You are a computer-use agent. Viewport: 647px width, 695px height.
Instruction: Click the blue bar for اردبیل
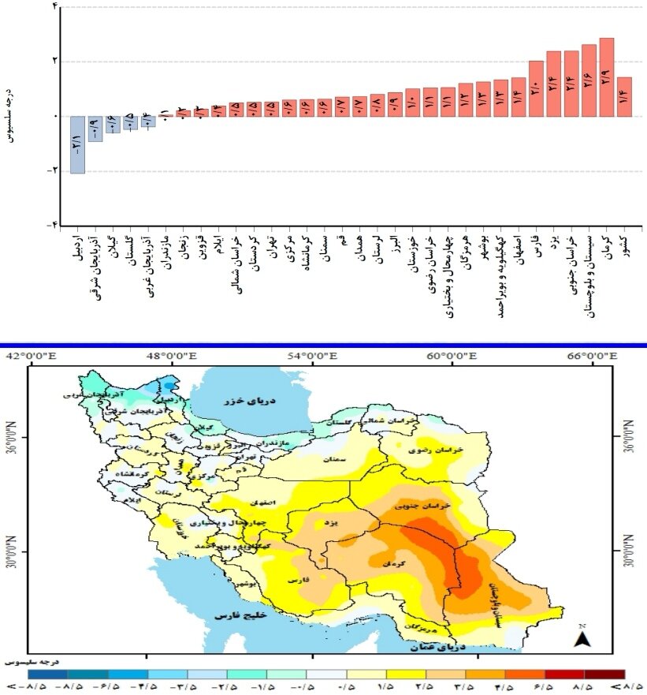(77, 144)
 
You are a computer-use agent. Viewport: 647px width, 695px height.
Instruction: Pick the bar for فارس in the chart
(536, 88)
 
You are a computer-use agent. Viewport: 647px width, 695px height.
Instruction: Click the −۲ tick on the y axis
(54, 170)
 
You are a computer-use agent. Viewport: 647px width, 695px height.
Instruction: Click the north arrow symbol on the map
(582, 637)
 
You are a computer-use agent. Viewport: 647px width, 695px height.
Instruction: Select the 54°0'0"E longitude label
(312, 356)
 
